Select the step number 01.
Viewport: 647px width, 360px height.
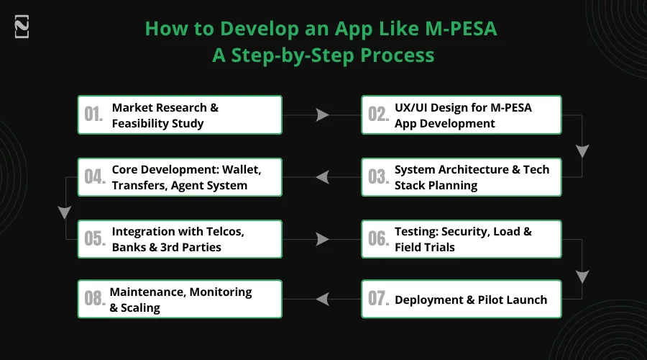point(93,115)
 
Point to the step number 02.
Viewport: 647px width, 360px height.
point(378,115)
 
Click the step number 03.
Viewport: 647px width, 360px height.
point(378,177)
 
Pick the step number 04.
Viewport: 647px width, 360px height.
point(93,177)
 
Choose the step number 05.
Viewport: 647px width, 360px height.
point(93,239)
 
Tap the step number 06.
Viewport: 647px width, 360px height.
point(378,239)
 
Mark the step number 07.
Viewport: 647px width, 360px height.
point(378,300)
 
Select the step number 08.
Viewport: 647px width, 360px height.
point(93,300)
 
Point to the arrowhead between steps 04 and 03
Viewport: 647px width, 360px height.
point(322,177)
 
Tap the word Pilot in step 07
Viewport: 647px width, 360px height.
point(492,300)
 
